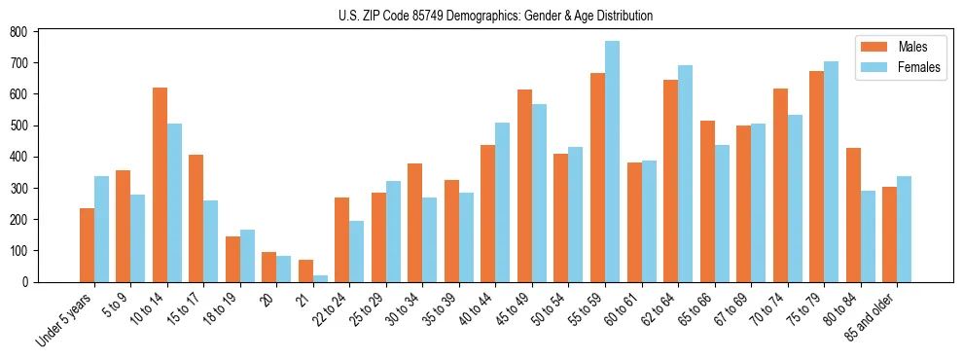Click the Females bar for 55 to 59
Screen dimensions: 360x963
tap(612, 162)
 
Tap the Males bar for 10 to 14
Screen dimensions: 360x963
tap(160, 185)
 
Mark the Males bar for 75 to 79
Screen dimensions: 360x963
tap(816, 176)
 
